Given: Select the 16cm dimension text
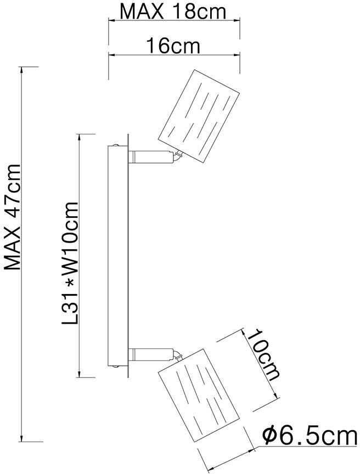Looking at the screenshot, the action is coord(173,46).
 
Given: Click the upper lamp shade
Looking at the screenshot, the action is coord(198,117).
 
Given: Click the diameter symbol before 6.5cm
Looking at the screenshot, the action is coord(269,437).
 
